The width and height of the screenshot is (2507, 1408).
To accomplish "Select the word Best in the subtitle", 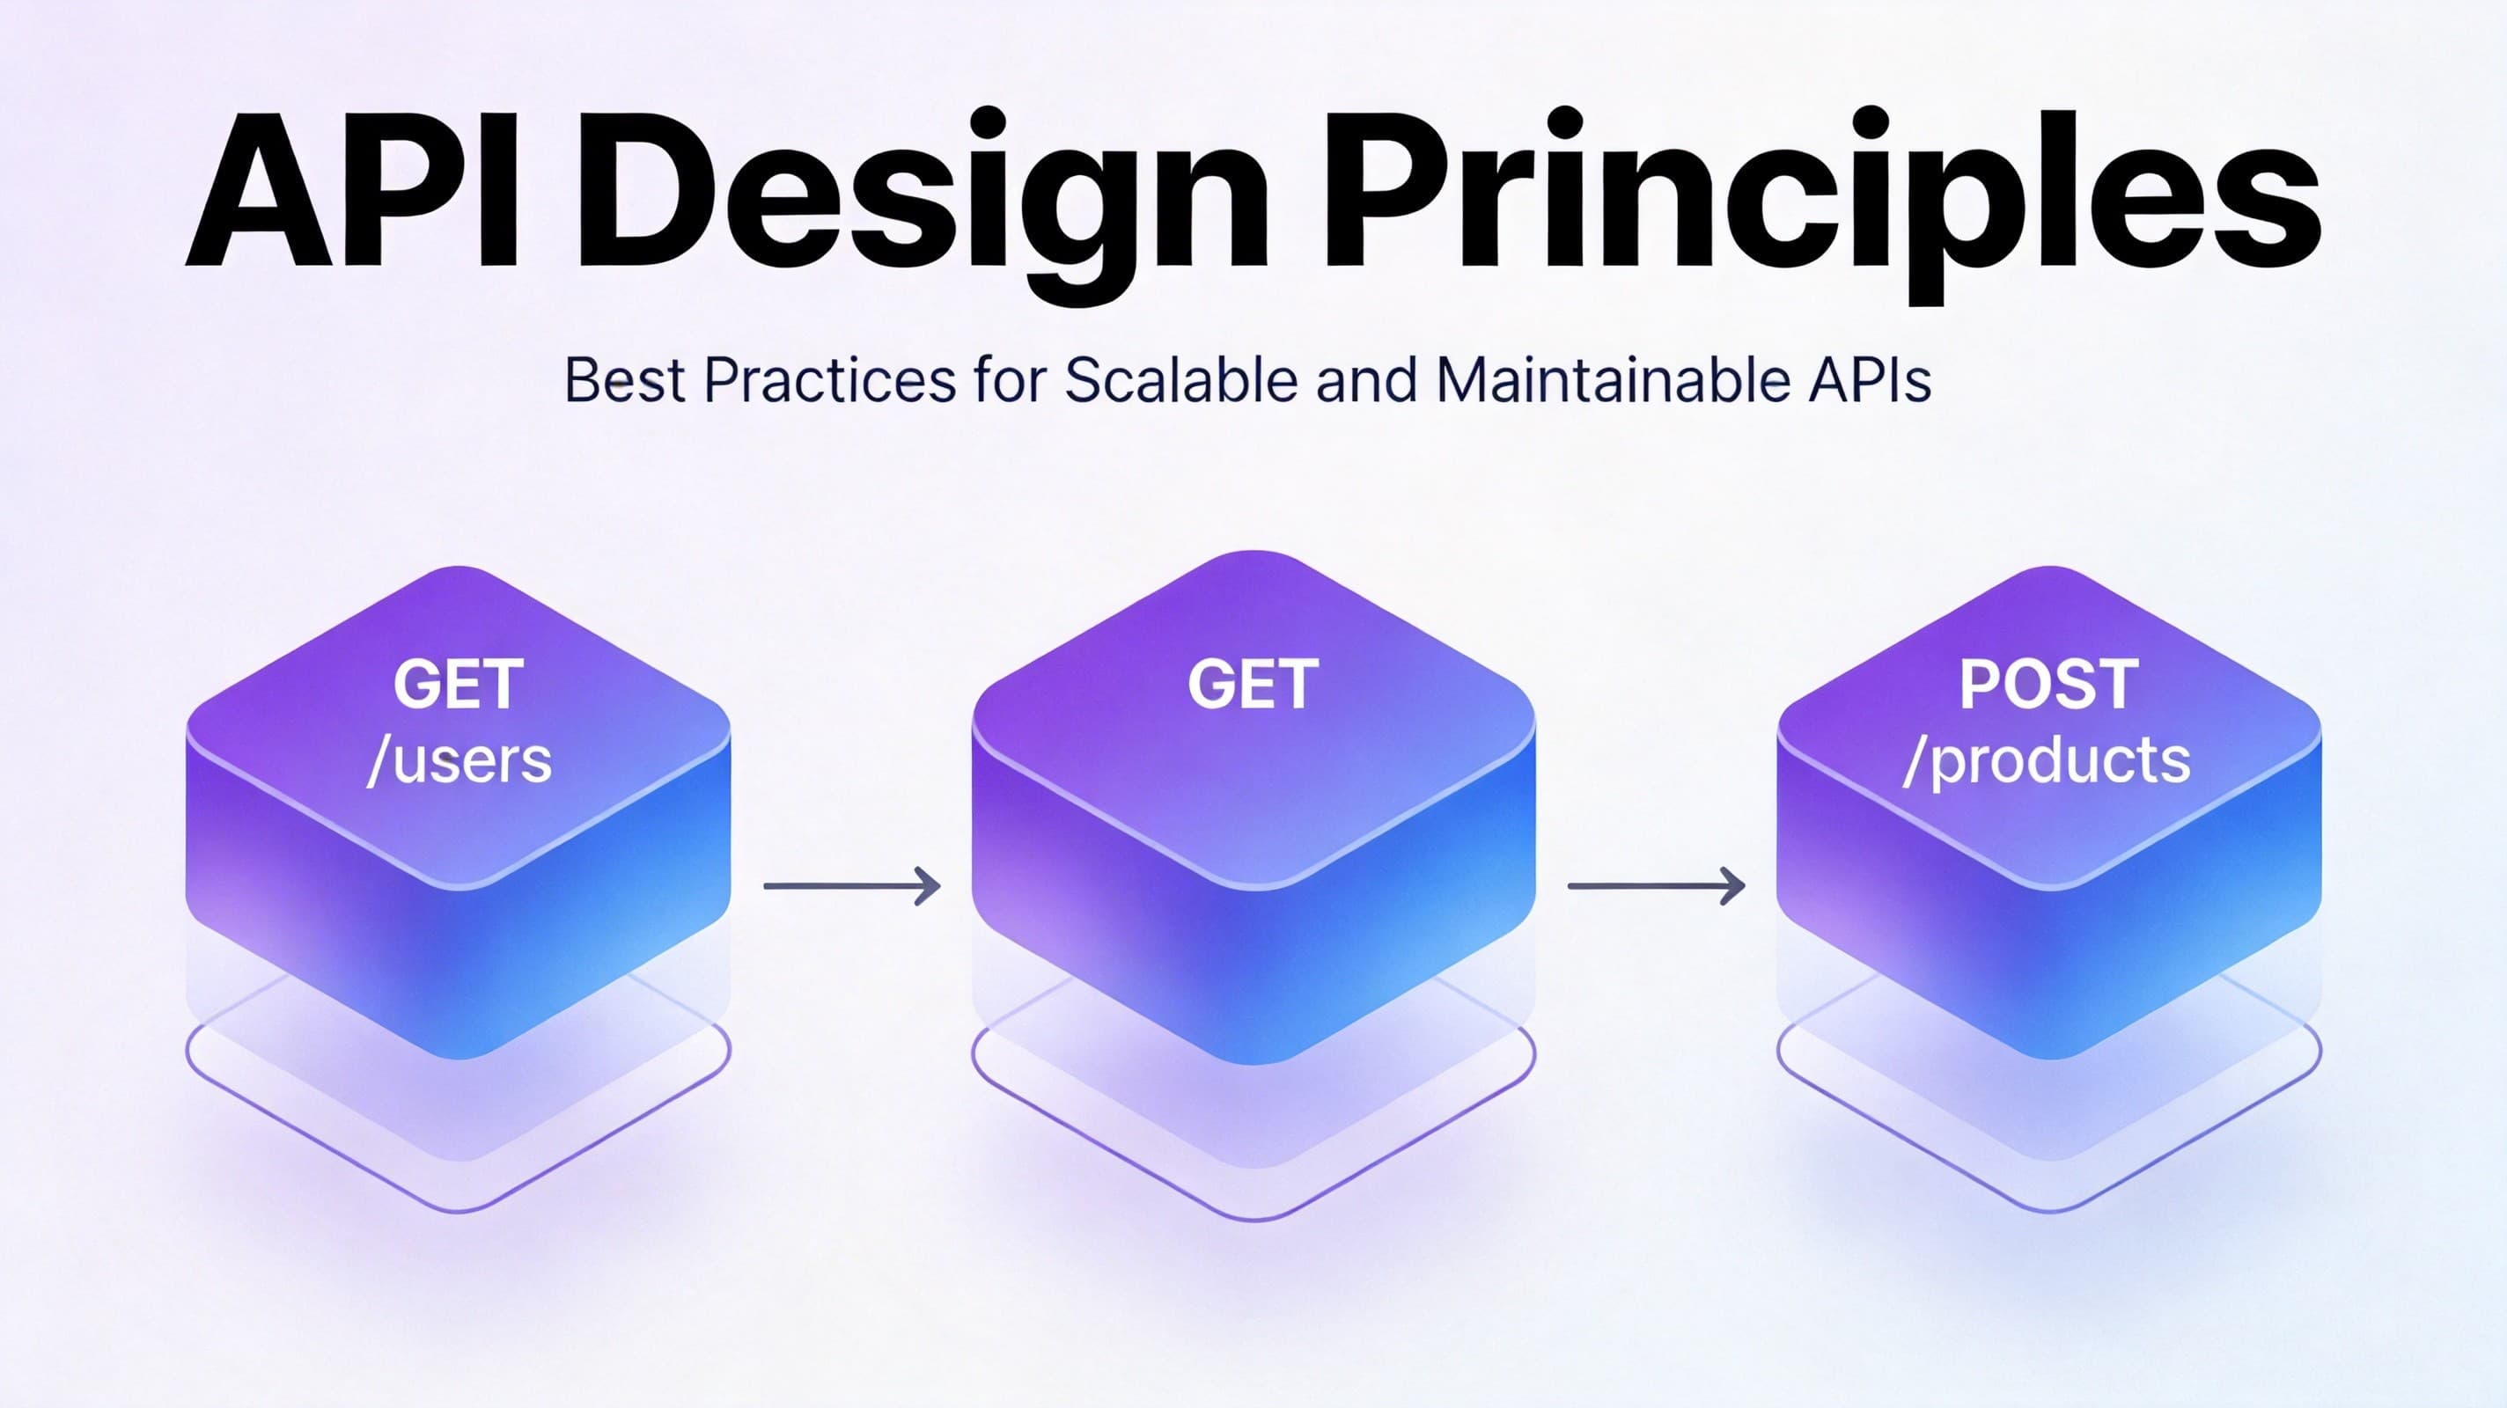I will [624, 380].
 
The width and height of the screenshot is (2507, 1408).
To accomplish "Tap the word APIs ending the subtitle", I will [1870, 380].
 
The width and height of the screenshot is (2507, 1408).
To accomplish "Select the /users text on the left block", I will [459, 761].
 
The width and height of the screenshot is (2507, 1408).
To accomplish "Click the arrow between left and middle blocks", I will [851, 885].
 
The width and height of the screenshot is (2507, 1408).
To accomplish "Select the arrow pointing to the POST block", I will [1656, 885].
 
